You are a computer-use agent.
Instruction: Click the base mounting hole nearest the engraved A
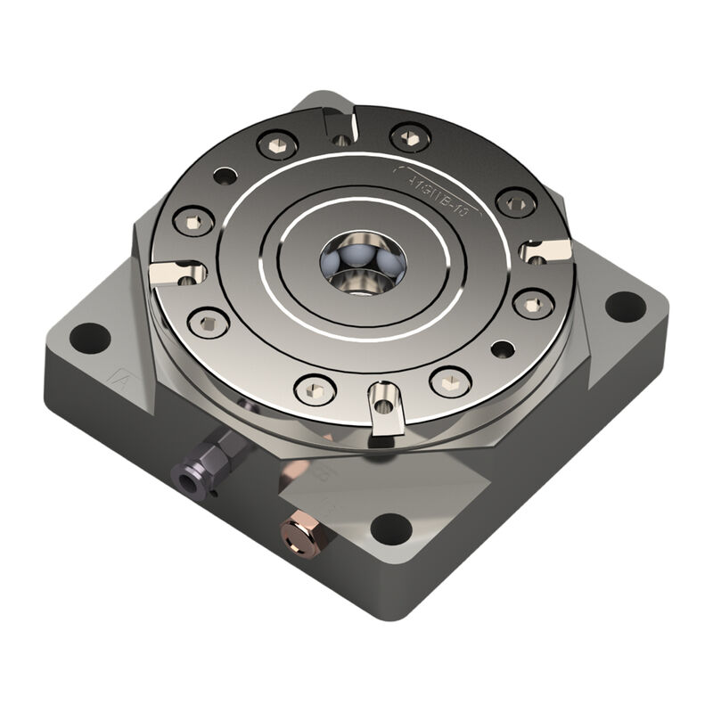pos(90,338)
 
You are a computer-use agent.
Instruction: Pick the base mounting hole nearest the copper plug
pos(391,528)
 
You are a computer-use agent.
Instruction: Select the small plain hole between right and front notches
pos(503,348)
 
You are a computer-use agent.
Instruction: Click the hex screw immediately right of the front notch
pos(450,381)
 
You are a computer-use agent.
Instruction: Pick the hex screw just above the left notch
pos(193,220)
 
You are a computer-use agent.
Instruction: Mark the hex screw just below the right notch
pos(533,304)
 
